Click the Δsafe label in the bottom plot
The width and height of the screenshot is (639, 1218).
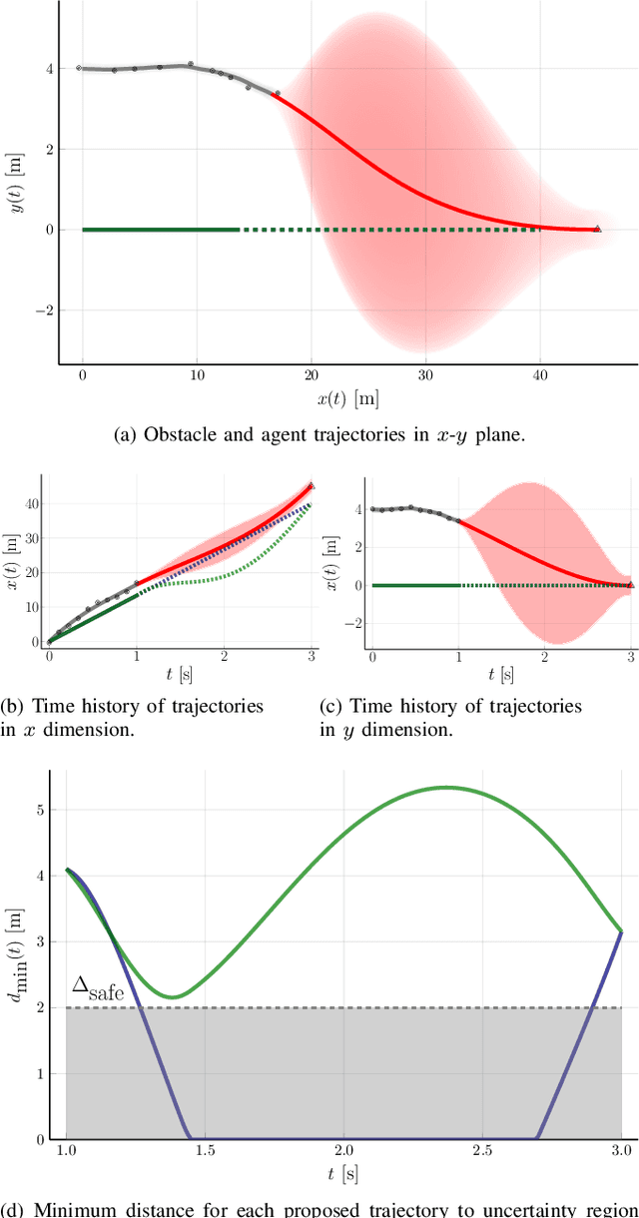tap(93, 988)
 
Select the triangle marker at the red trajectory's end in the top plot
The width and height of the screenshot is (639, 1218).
tap(597, 229)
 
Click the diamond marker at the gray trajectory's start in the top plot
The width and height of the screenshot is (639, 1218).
tap(79, 68)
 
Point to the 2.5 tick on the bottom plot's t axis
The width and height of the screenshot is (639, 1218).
tap(482, 1151)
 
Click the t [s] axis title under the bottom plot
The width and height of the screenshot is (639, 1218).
tap(343, 1176)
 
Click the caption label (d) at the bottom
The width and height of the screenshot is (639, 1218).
tap(15, 1210)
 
